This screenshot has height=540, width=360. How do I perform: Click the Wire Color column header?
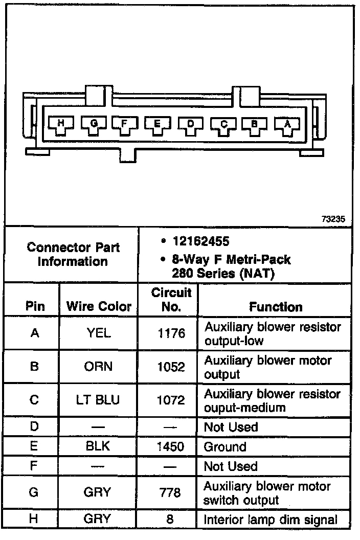pyautogui.click(x=99, y=307)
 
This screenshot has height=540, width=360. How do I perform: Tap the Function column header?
pyautogui.click(x=276, y=307)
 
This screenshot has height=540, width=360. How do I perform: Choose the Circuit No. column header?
pyautogui.click(x=171, y=300)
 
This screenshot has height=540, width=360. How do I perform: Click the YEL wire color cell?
pyautogui.click(x=99, y=333)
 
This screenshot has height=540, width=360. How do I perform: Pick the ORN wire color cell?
pyautogui.click(x=99, y=367)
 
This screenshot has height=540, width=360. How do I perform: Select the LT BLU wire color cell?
pyautogui.click(x=99, y=400)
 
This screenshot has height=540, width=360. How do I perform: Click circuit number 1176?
pyautogui.click(x=171, y=333)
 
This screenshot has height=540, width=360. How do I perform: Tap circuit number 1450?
pyautogui.click(x=171, y=447)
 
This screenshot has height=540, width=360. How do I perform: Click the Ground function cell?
pyautogui.click(x=225, y=447)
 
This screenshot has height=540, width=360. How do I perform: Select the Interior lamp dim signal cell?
pyautogui.click(x=271, y=520)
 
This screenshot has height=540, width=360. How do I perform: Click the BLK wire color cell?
pyautogui.click(x=99, y=446)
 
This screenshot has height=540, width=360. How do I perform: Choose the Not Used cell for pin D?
pyautogui.click(x=231, y=427)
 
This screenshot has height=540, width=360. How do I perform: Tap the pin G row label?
pyautogui.click(x=35, y=492)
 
